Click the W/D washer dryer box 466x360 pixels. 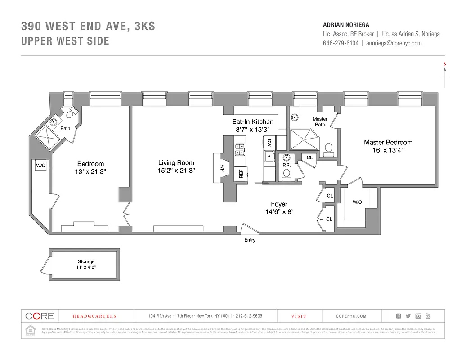pyautogui.click(x=41, y=166)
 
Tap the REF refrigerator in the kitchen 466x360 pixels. pyautogui.click(x=241, y=174)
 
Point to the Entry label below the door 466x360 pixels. pyautogui.click(x=250, y=240)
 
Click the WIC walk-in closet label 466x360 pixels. pyautogui.click(x=357, y=202)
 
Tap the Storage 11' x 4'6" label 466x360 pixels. pyautogui.click(x=86, y=264)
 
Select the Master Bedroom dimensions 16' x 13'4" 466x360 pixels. pyautogui.click(x=388, y=151)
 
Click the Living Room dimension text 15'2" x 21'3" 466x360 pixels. pyautogui.click(x=176, y=171)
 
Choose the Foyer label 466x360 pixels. pyautogui.click(x=279, y=204)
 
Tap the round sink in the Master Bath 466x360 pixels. pyautogui.click(x=295, y=118)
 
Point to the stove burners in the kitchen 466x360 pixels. pyautogui.click(x=239, y=149)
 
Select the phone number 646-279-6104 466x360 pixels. pyautogui.click(x=341, y=43)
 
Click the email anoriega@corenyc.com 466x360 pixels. pyautogui.click(x=394, y=43)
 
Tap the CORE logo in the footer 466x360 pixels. pyautogui.click(x=39, y=316)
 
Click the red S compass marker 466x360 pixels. pyautogui.click(x=445, y=64)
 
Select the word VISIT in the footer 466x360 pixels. pyautogui.click(x=299, y=316)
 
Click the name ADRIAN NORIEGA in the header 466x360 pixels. pyautogui.click(x=346, y=25)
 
